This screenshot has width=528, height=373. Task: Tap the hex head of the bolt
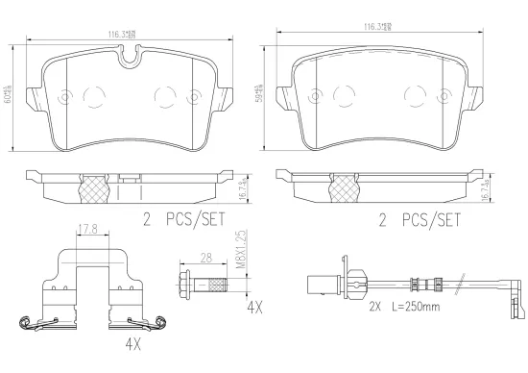186,283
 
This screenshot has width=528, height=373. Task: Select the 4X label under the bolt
254,309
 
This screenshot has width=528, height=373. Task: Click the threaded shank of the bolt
215,283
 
